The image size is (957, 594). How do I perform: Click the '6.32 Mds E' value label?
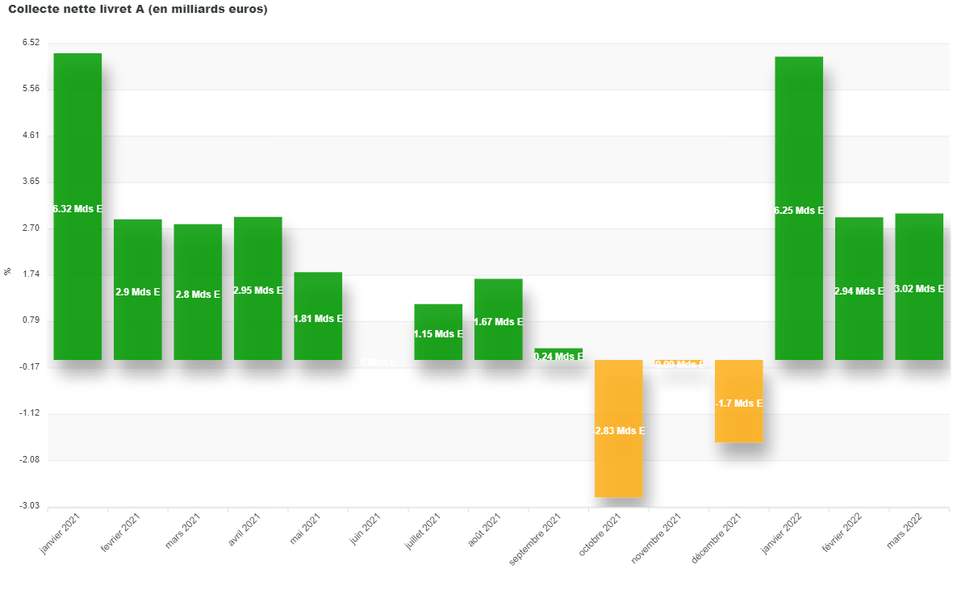[78, 209]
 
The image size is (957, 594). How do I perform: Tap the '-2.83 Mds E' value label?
[620, 431]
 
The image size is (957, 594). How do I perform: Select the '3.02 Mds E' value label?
[920, 289]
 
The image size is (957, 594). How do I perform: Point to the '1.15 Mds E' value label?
[438, 334]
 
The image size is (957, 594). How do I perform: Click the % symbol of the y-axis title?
[8, 271]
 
